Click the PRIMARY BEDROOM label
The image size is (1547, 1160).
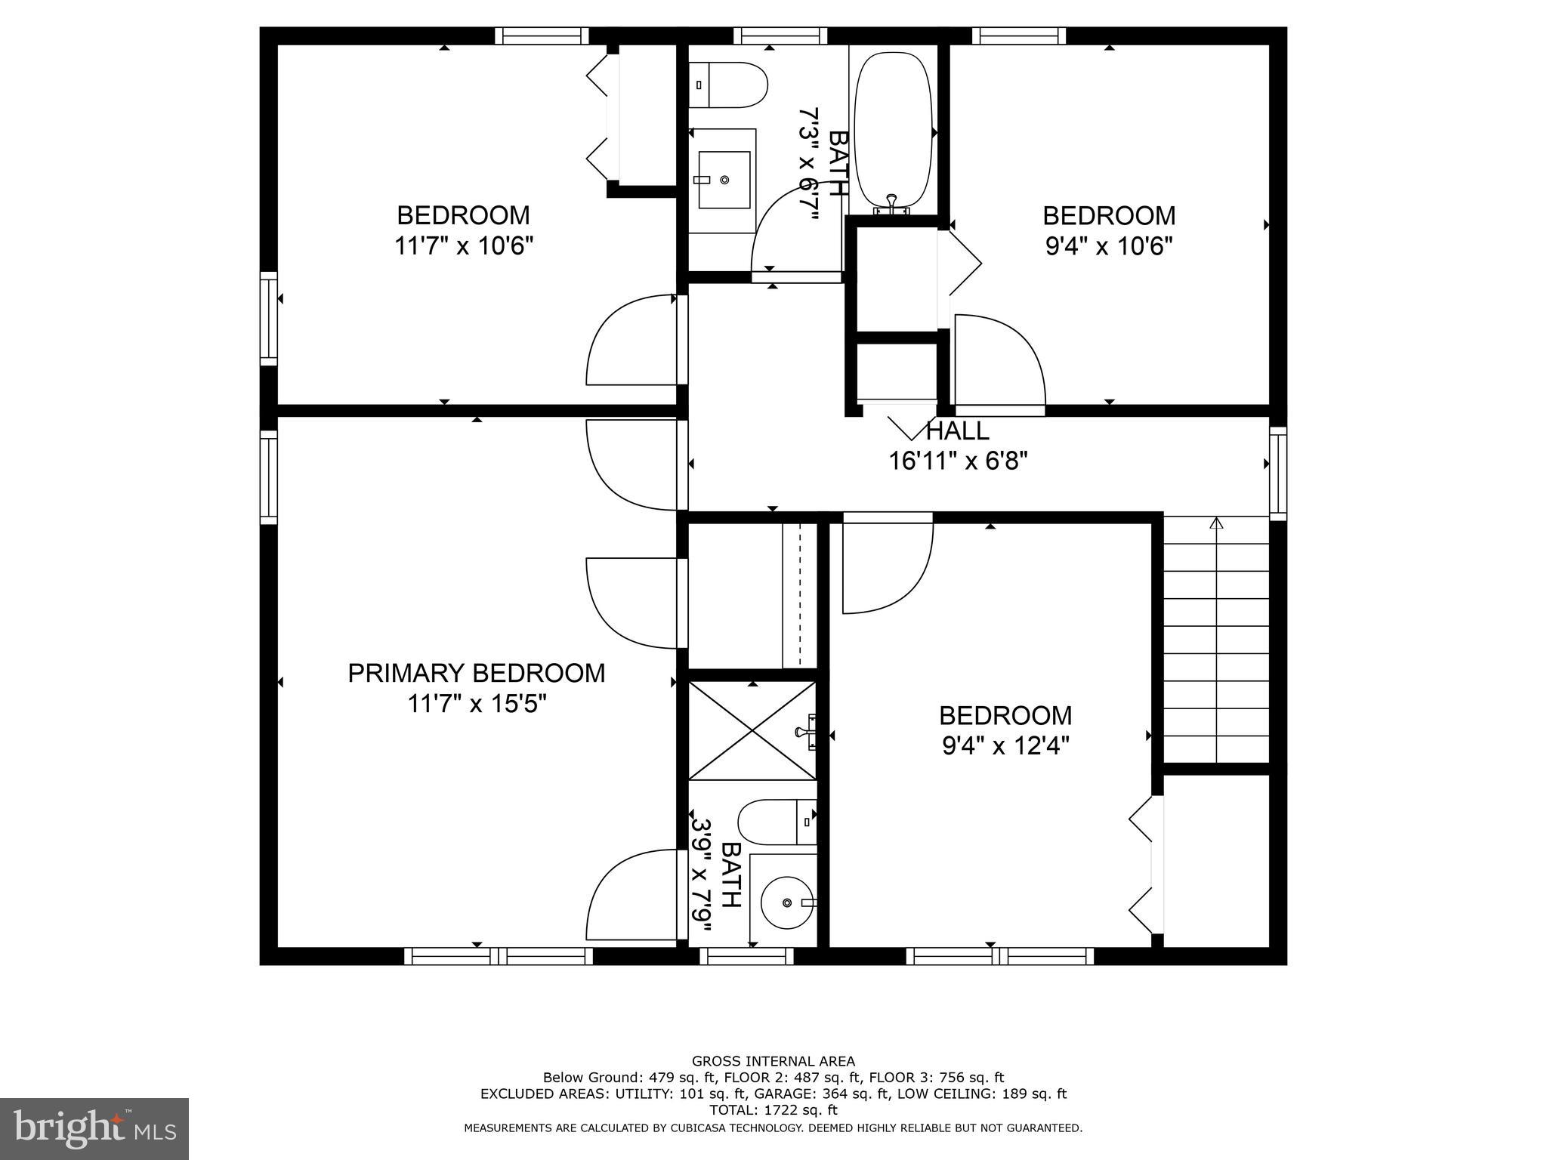[476, 673]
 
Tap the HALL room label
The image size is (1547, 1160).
[957, 431]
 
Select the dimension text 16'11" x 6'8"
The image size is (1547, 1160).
[957, 461]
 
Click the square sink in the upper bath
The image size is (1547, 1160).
[724, 179]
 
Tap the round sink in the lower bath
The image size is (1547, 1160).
[787, 902]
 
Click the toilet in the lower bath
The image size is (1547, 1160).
[777, 822]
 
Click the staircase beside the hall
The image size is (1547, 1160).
[1215, 642]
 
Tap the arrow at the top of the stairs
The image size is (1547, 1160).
[1216, 523]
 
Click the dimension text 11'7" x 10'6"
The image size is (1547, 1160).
[463, 246]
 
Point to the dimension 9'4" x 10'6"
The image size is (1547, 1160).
[1108, 246]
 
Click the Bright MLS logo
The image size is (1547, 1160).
[94, 1129]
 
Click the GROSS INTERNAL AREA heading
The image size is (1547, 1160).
[773, 1061]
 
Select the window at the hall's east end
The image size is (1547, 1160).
[1277, 473]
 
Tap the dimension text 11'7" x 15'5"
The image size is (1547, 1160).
[476, 704]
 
